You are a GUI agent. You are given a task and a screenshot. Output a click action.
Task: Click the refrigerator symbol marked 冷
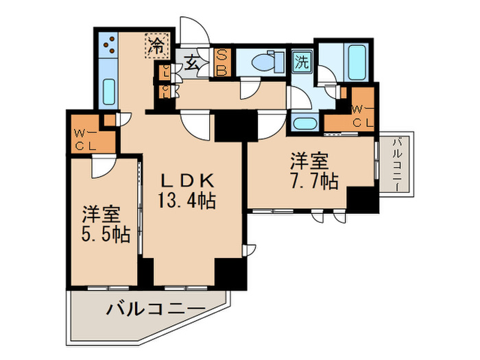tap(156, 47)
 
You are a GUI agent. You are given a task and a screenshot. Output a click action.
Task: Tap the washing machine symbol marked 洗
tap(302, 61)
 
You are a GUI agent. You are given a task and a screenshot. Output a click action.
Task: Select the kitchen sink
tap(109, 90)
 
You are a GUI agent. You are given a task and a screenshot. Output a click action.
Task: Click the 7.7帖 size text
tap(313, 182)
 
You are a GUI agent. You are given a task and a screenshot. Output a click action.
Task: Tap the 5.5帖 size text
tap(102, 233)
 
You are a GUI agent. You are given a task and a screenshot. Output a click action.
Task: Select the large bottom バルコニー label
tap(155, 310)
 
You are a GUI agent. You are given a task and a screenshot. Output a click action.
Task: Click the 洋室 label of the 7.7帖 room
tap(309, 162)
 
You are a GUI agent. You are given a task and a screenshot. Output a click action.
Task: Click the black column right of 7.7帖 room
tap(362, 200)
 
